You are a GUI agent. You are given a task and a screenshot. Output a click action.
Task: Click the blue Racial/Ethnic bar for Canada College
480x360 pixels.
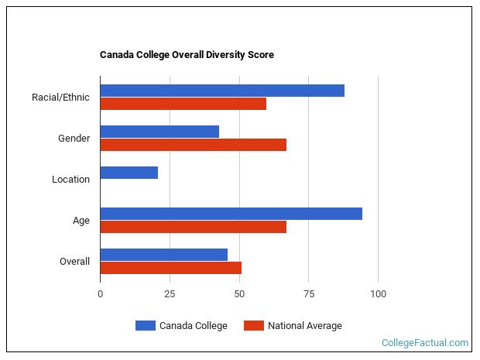[x=222, y=91]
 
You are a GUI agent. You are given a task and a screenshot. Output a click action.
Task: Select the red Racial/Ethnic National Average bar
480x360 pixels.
[x=183, y=104]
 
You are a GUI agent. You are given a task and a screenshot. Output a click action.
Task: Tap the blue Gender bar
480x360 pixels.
[x=159, y=132]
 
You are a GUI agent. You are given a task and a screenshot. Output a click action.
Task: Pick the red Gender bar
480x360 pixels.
[x=193, y=145]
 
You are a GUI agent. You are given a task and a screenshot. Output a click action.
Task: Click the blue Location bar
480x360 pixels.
[x=129, y=173]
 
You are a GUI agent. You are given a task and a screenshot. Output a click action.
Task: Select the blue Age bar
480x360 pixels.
[x=231, y=214]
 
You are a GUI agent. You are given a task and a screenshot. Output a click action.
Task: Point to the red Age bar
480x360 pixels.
[x=193, y=227]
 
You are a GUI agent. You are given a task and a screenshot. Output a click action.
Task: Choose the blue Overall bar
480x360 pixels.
[x=163, y=255]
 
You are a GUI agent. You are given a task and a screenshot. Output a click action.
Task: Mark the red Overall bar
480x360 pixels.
[x=170, y=268]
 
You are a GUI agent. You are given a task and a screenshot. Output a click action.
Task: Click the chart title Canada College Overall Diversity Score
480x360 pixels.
[x=187, y=55]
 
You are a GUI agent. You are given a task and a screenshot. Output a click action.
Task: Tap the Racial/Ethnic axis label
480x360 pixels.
[x=60, y=98]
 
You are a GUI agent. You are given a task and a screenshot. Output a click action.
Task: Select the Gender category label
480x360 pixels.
[x=74, y=139]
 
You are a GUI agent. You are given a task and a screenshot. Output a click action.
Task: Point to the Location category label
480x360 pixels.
[x=70, y=180]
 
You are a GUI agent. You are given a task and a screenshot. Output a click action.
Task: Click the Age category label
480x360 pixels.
[x=81, y=221]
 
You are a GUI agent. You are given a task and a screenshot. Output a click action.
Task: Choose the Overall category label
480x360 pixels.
[x=74, y=262]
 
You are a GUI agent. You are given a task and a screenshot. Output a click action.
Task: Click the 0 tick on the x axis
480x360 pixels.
[x=100, y=294]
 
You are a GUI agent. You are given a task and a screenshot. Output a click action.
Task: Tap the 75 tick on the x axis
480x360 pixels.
[x=308, y=294]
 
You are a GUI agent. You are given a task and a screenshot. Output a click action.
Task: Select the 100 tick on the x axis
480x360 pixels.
[x=378, y=294]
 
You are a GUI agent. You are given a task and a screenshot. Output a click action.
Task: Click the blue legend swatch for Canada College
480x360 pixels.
[x=145, y=326]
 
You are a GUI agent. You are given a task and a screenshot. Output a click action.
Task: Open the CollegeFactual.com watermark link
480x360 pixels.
[x=424, y=342]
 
